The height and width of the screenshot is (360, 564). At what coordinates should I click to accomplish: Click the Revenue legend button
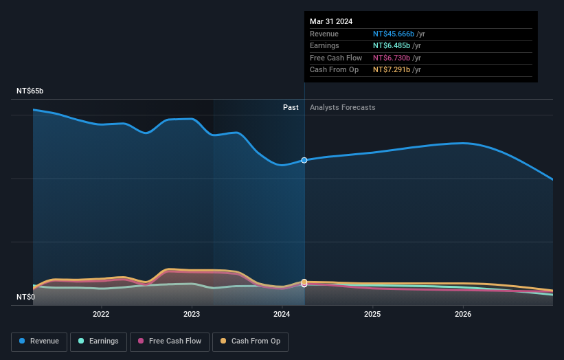(x=39, y=341)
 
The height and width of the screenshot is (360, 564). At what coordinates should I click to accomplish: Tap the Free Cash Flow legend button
(x=170, y=341)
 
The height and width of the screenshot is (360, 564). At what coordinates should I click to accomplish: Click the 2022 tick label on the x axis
(x=101, y=315)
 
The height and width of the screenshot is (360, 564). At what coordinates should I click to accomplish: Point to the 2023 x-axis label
(x=192, y=315)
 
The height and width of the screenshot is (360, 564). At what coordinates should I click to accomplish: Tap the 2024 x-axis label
(x=282, y=315)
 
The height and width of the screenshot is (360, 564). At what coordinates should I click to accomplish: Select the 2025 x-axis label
(x=372, y=315)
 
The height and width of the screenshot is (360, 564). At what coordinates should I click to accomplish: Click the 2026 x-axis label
(x=463, y=315)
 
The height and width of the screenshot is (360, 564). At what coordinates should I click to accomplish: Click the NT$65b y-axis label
(x=30, y=91)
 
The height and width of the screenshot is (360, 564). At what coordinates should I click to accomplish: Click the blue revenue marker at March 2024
(x=304, y=160)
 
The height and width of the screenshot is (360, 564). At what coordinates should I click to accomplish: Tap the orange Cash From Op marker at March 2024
(x=304, y=282)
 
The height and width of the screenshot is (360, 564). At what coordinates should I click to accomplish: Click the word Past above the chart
(x=291, y=107)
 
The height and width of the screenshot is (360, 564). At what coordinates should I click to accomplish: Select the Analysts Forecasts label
(x=343, y=107)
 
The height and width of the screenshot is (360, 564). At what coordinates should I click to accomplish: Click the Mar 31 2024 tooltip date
(x=331, y=21)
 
